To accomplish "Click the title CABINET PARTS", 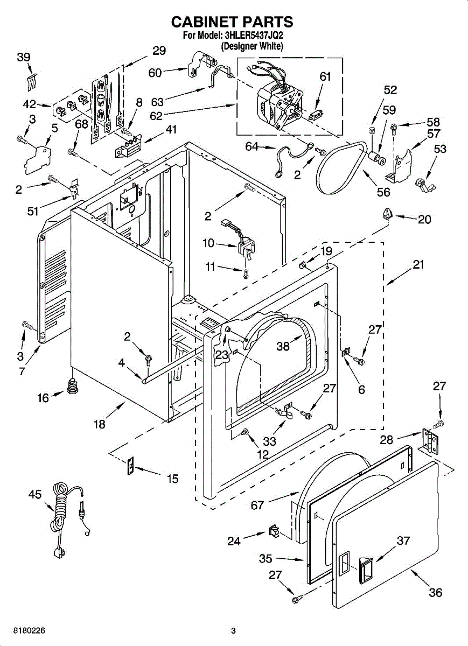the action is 232,22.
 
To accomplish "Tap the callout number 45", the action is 35,494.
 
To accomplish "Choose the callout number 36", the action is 435,593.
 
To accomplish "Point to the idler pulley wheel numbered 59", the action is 376,158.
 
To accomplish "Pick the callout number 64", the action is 252,146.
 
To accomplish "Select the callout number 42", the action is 30,104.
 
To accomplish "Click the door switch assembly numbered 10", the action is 244,244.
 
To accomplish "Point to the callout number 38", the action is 283,346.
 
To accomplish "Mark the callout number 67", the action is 257,505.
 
